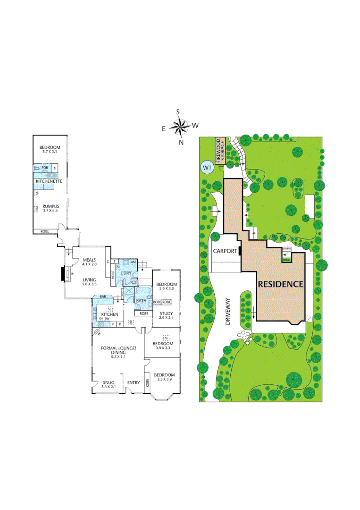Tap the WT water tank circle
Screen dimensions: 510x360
(207, 167)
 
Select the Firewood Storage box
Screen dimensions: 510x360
(220, 151)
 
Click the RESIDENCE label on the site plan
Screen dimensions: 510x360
(280, 284)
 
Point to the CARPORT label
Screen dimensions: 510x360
(225, 251)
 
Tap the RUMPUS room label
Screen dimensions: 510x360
(50, 206)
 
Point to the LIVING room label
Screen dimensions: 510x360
(89, 280)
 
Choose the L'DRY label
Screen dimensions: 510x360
(126, 273)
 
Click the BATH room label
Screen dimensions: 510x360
(141, 300)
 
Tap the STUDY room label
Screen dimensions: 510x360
(166, 313)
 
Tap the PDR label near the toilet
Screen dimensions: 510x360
(45, 167)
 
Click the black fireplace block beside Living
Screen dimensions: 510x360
(63, 274)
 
